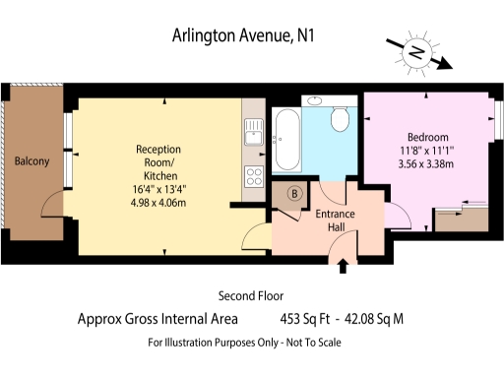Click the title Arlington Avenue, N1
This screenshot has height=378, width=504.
click(x=245, y=37)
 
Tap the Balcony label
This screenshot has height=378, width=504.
click(x=31, y=161)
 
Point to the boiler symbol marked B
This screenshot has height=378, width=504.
click(x=292, y=193)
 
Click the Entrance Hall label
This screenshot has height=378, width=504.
click(x=335, y=220)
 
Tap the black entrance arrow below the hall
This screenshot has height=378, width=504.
click(x=343, y=265)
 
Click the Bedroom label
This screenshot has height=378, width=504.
click(x=427, y=137)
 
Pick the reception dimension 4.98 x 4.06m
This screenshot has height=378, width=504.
click(x=158, y=203)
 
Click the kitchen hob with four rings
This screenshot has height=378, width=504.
click(x=254, y=177)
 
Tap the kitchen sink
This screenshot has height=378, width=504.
click(x=252, y=131)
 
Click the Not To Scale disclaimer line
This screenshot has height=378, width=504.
click(x=244, y=342)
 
